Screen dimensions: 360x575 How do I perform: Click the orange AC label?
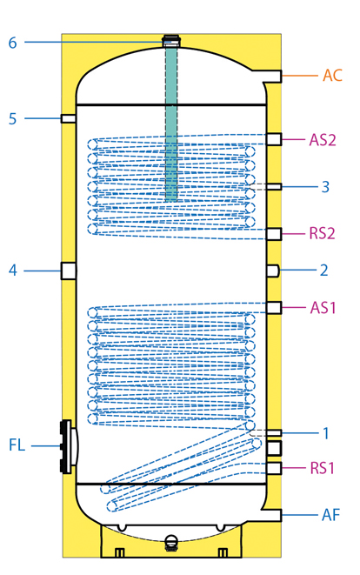click(332, 75)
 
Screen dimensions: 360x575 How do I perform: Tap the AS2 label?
click(323, 140)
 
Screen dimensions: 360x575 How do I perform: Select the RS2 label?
click(323, 233)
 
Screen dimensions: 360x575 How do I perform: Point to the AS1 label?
click(323, 307)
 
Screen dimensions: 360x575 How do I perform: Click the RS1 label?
click(323, 468)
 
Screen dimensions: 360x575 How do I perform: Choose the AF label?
click(330, 515)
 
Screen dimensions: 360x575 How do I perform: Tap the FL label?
click(17, 445)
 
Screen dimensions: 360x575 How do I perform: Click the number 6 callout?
click(13, 43)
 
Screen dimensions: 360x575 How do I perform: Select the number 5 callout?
click(13, 119)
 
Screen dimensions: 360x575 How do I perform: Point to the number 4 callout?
click(13, 271)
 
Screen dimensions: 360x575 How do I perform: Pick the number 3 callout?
click(325, 187)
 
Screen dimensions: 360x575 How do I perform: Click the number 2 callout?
click(324, 271)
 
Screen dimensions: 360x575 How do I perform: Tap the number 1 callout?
click(325, 433)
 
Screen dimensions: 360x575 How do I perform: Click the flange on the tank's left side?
click(68, 446)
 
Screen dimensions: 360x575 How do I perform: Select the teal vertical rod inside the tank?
click(171, 124)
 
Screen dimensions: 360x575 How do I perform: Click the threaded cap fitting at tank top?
click(171, 40)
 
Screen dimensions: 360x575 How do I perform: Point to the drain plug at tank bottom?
click(170, 542)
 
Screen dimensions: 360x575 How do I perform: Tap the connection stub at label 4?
click(69, 271)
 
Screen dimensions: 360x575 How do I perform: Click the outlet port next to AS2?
click(274, 140)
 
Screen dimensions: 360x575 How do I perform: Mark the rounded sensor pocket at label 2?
click(273, 271)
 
